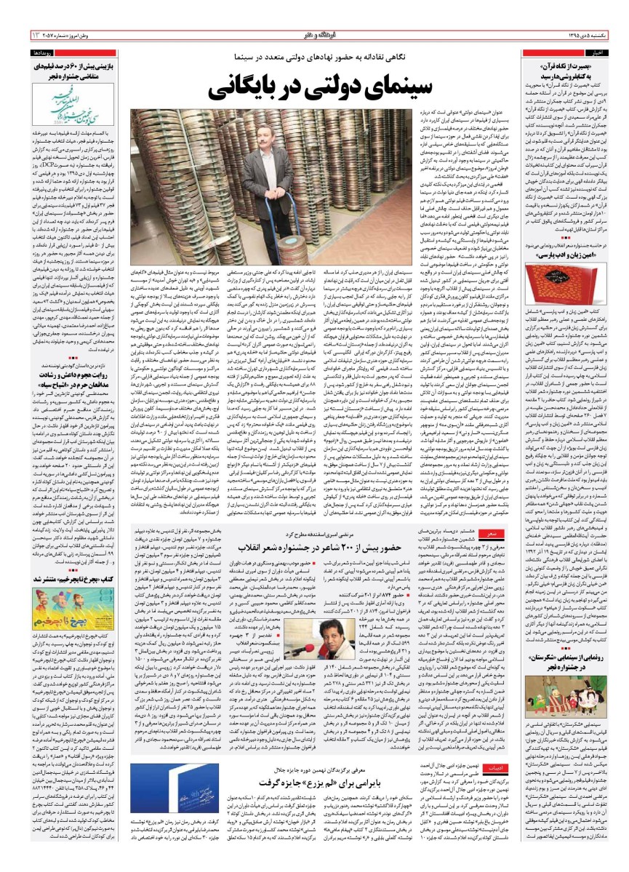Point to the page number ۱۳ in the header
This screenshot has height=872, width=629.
pyautogui.click(x=15, y=34)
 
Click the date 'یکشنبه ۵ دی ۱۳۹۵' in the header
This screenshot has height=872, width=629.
pyautogui.click(x=589, y=34)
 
